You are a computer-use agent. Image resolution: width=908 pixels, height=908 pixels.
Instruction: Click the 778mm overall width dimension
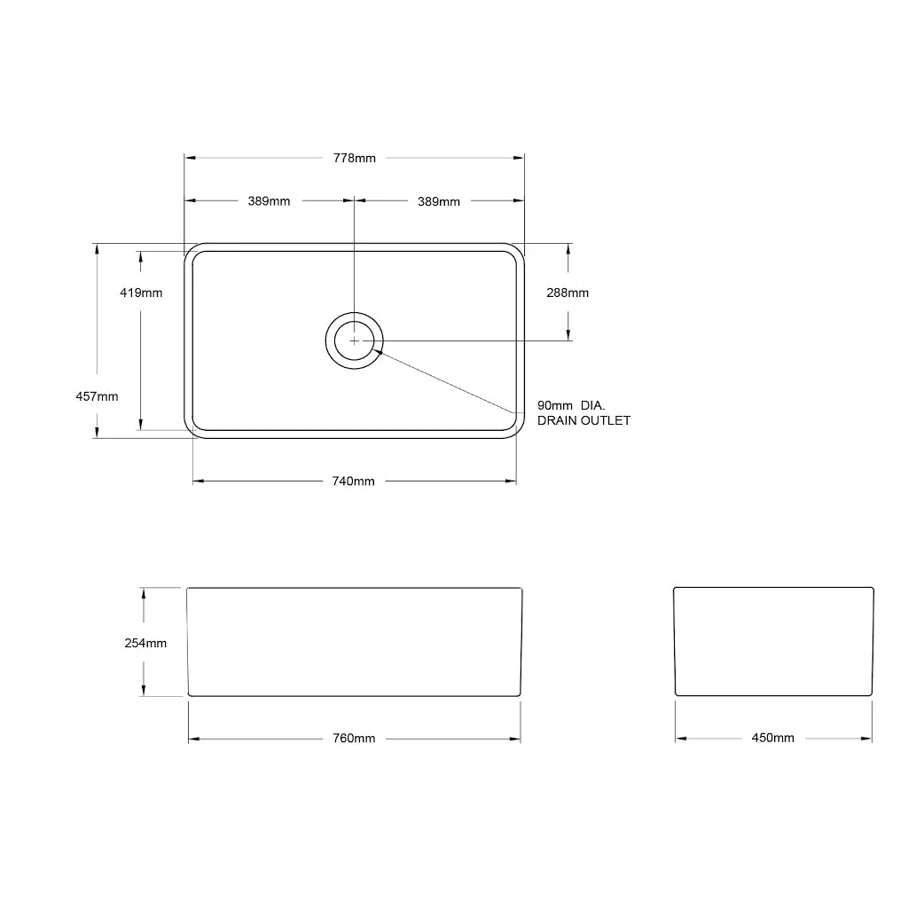[x=355, y=158]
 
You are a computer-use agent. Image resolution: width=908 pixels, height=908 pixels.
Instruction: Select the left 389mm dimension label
[x=269, y=201]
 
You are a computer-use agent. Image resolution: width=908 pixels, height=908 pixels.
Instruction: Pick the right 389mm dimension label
[x=439, y=201]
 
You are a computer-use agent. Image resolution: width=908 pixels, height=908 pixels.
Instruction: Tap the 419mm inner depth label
[x=141, y=293]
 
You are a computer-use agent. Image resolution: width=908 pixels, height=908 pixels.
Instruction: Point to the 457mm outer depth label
[x=97, y=396]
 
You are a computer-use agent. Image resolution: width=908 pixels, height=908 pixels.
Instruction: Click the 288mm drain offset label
[x=567, y=293]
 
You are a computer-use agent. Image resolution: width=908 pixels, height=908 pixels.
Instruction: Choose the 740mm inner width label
[x=353, y=481]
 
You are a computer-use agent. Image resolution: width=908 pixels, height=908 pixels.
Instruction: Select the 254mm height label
[x=145, y=643]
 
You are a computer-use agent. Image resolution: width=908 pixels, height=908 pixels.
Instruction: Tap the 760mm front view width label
[x=354, y=739]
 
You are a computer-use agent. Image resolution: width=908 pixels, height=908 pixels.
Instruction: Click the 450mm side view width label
[x=773, y=738]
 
